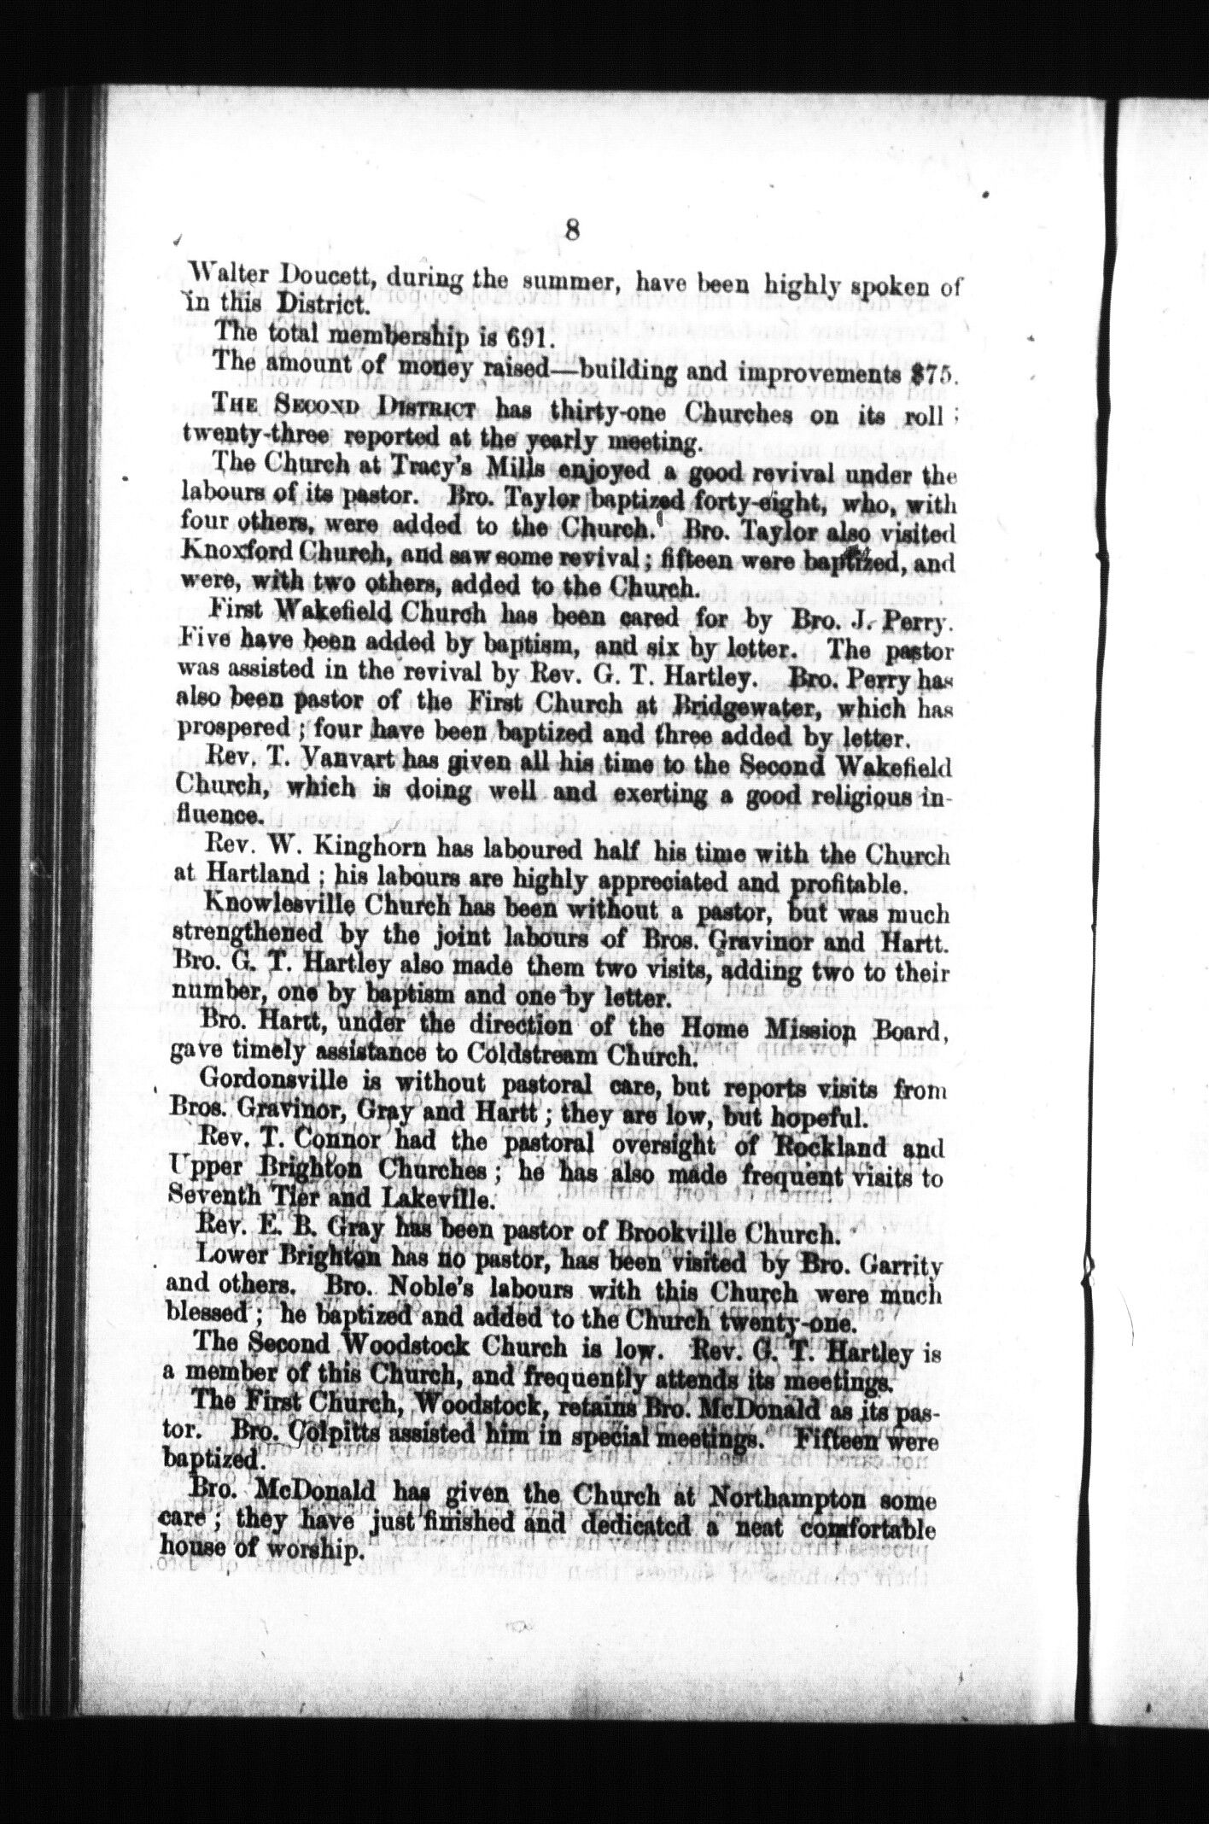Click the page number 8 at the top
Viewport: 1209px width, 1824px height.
[x=572, y=231]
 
